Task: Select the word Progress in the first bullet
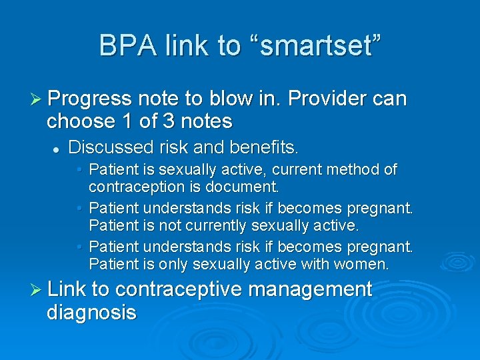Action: pyautogui.click(x=89, y=99)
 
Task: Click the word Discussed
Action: pyautogui.click(x=110, y=146)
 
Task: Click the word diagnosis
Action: pyautogui.click(x=91, y=312)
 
